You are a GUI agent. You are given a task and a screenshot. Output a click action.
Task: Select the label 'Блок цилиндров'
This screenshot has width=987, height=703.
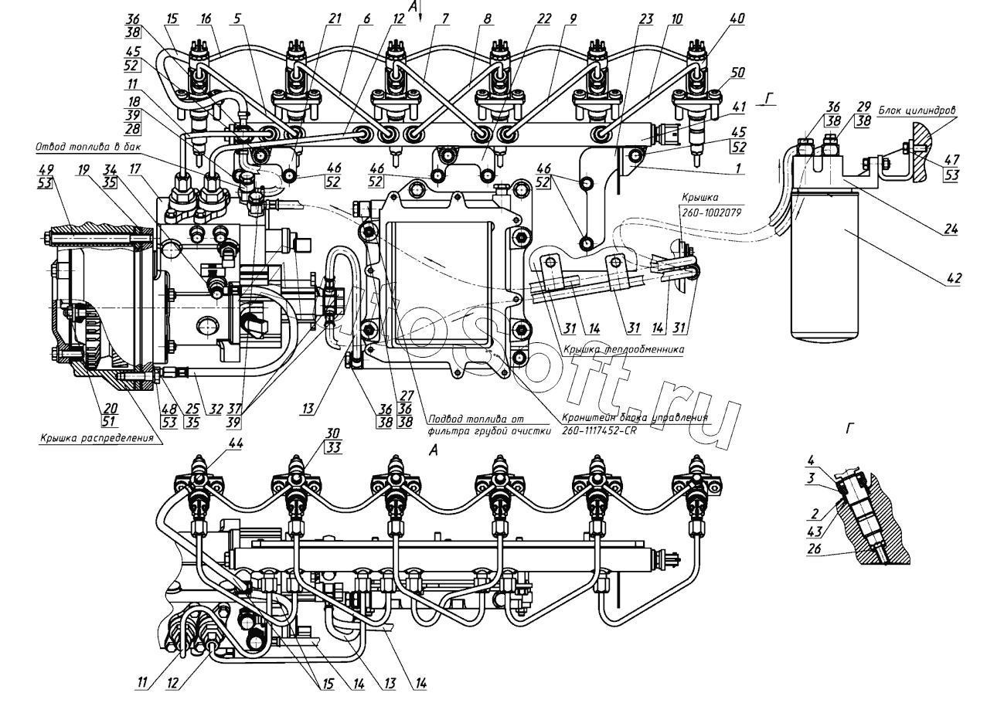(920, 110)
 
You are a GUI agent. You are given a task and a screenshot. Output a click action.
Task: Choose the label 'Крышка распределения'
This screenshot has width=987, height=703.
(94, 438)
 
